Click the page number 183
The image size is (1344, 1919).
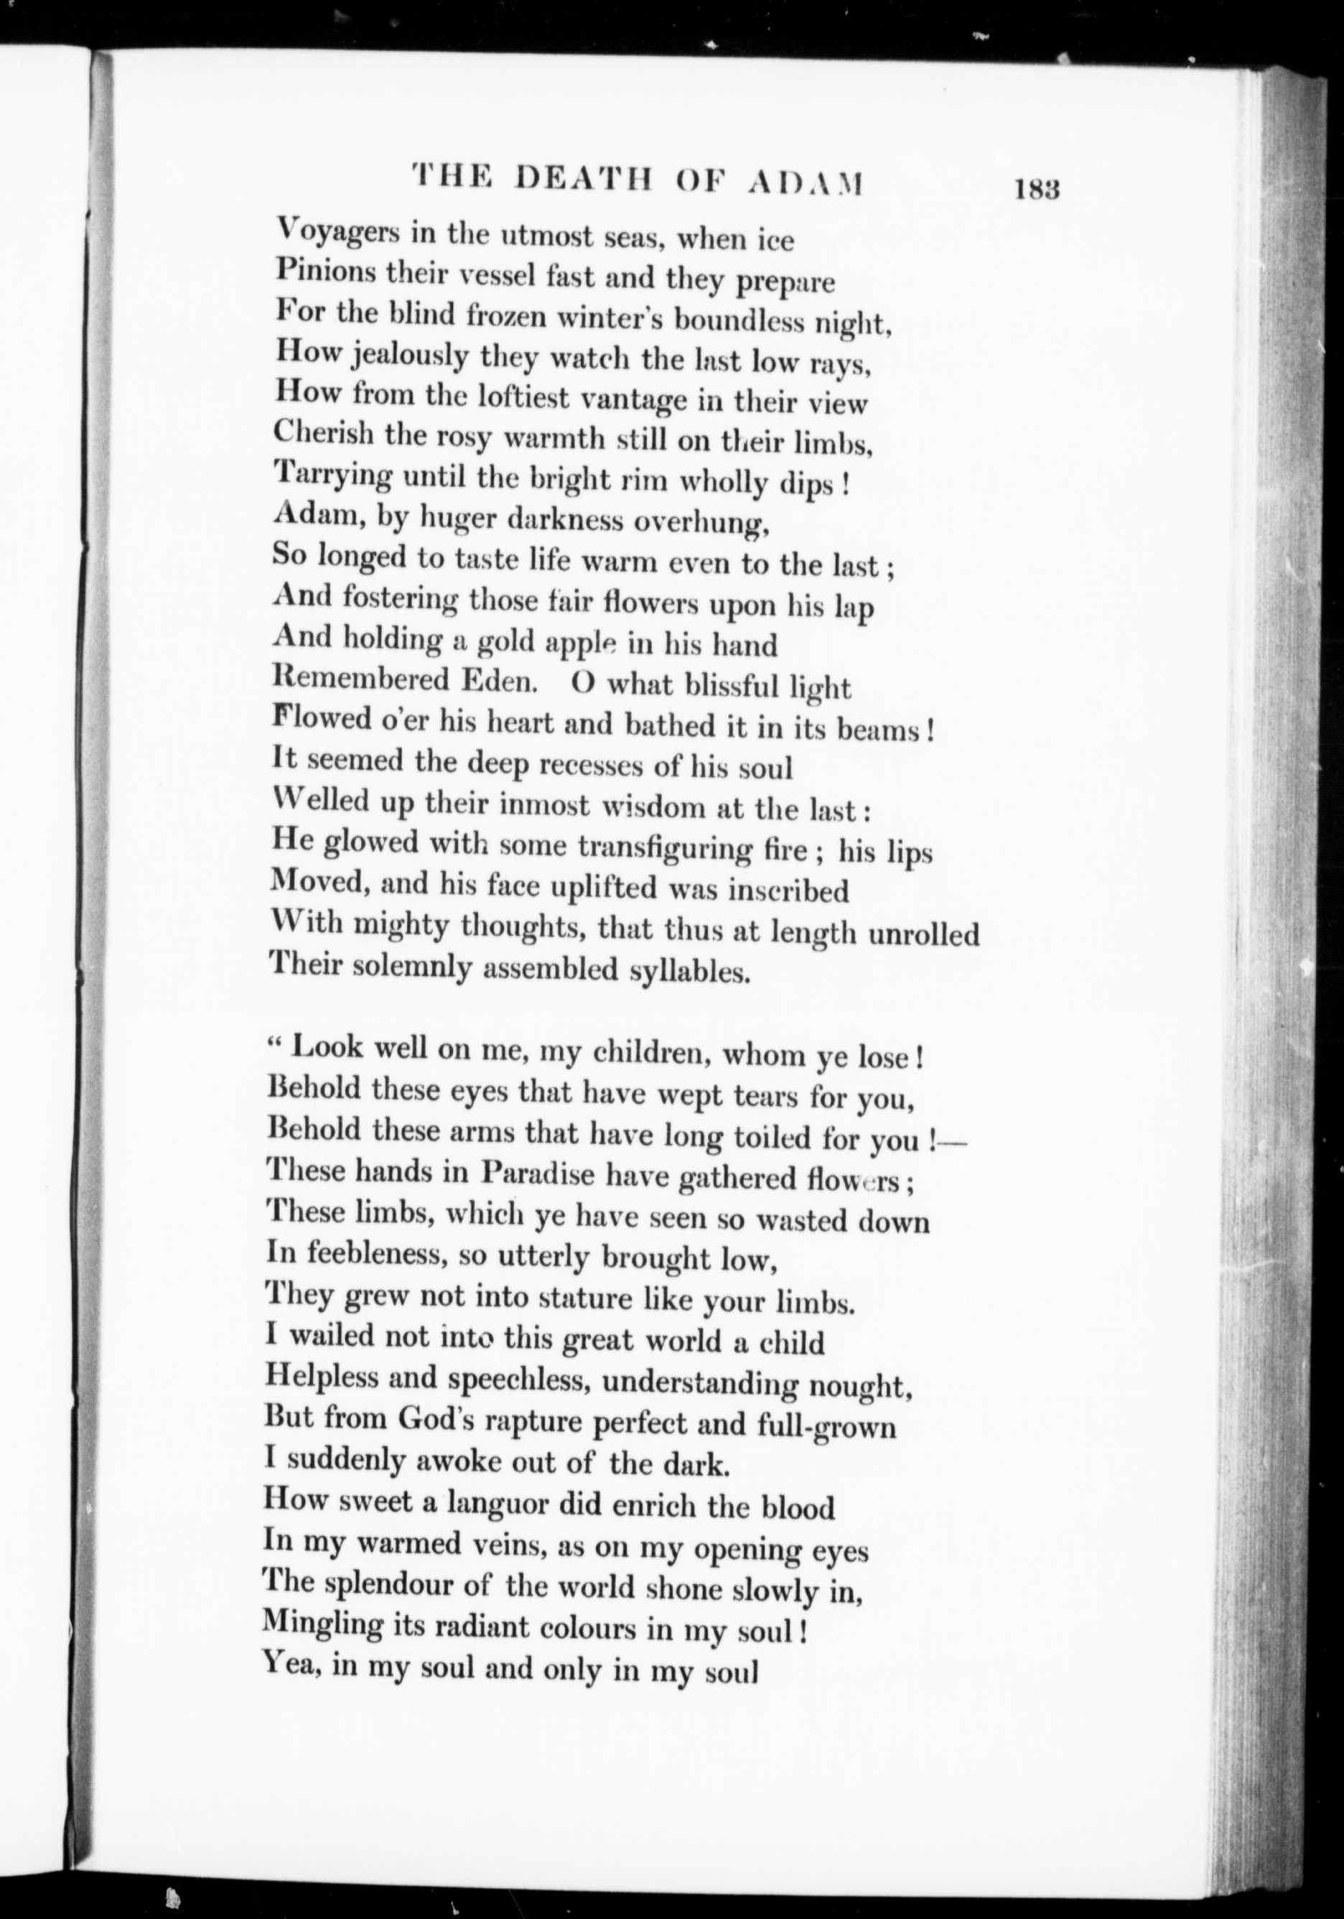tap(1037, 190)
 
